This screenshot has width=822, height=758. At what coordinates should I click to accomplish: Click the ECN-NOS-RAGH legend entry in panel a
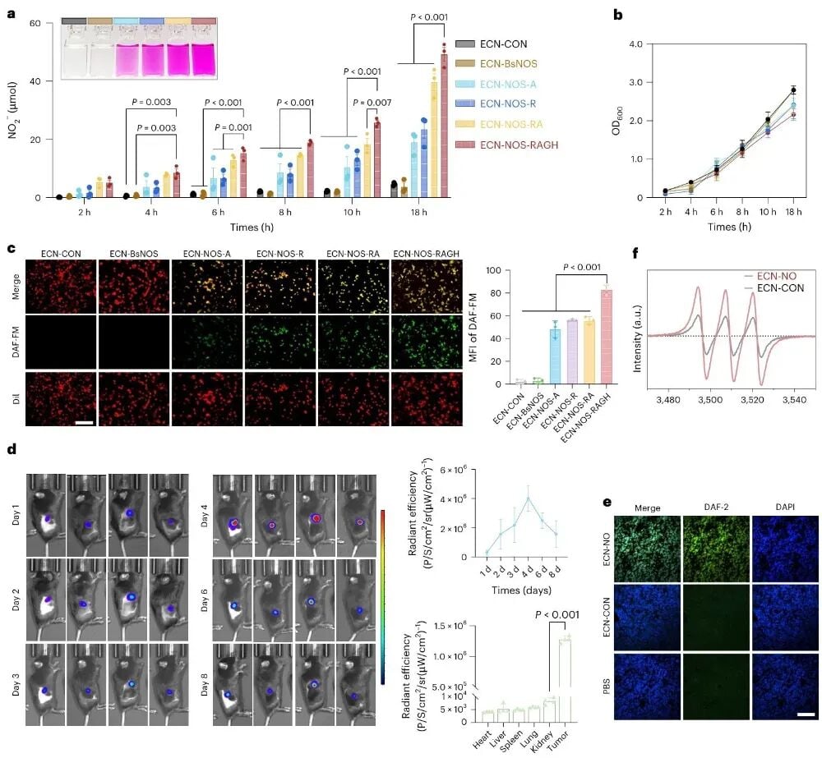tap(506, 145)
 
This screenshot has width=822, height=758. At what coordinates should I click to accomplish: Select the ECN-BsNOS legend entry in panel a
tap(496, 63)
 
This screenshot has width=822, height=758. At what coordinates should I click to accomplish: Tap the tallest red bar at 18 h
tap(444, 126)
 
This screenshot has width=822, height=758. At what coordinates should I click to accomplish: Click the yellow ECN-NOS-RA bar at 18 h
tap(434, 140)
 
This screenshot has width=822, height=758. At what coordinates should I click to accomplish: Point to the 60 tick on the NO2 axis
tap(35, 23)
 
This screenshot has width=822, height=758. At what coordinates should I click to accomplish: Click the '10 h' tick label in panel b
tap(768, 212)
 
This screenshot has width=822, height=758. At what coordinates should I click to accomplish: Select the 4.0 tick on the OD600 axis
tap(636, 44)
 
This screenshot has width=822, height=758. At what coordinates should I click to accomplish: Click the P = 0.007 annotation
tap(372, 103)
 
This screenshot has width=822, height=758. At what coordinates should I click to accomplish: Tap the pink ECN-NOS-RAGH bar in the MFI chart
tap(606, 337)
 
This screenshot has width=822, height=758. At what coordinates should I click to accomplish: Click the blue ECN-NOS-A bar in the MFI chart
tap(555, 356)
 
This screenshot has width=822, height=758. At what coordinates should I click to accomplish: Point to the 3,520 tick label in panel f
tap(752, 400)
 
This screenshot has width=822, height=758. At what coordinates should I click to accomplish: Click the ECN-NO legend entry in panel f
tap(770, 276)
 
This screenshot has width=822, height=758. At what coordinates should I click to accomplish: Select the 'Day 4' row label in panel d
tap(204, 516)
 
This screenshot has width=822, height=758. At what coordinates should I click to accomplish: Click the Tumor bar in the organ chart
tap(566, 681)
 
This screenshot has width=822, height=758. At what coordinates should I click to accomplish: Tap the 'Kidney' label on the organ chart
tap(542, 741)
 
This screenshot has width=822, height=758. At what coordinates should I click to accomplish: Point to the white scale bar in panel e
tap(807, 714)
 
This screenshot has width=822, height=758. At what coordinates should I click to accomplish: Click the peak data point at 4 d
tap(529, 498)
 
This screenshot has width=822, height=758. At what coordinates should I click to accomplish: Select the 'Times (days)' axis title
tap(521, 590)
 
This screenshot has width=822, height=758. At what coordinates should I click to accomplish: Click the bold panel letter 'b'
tap(618, 15)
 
